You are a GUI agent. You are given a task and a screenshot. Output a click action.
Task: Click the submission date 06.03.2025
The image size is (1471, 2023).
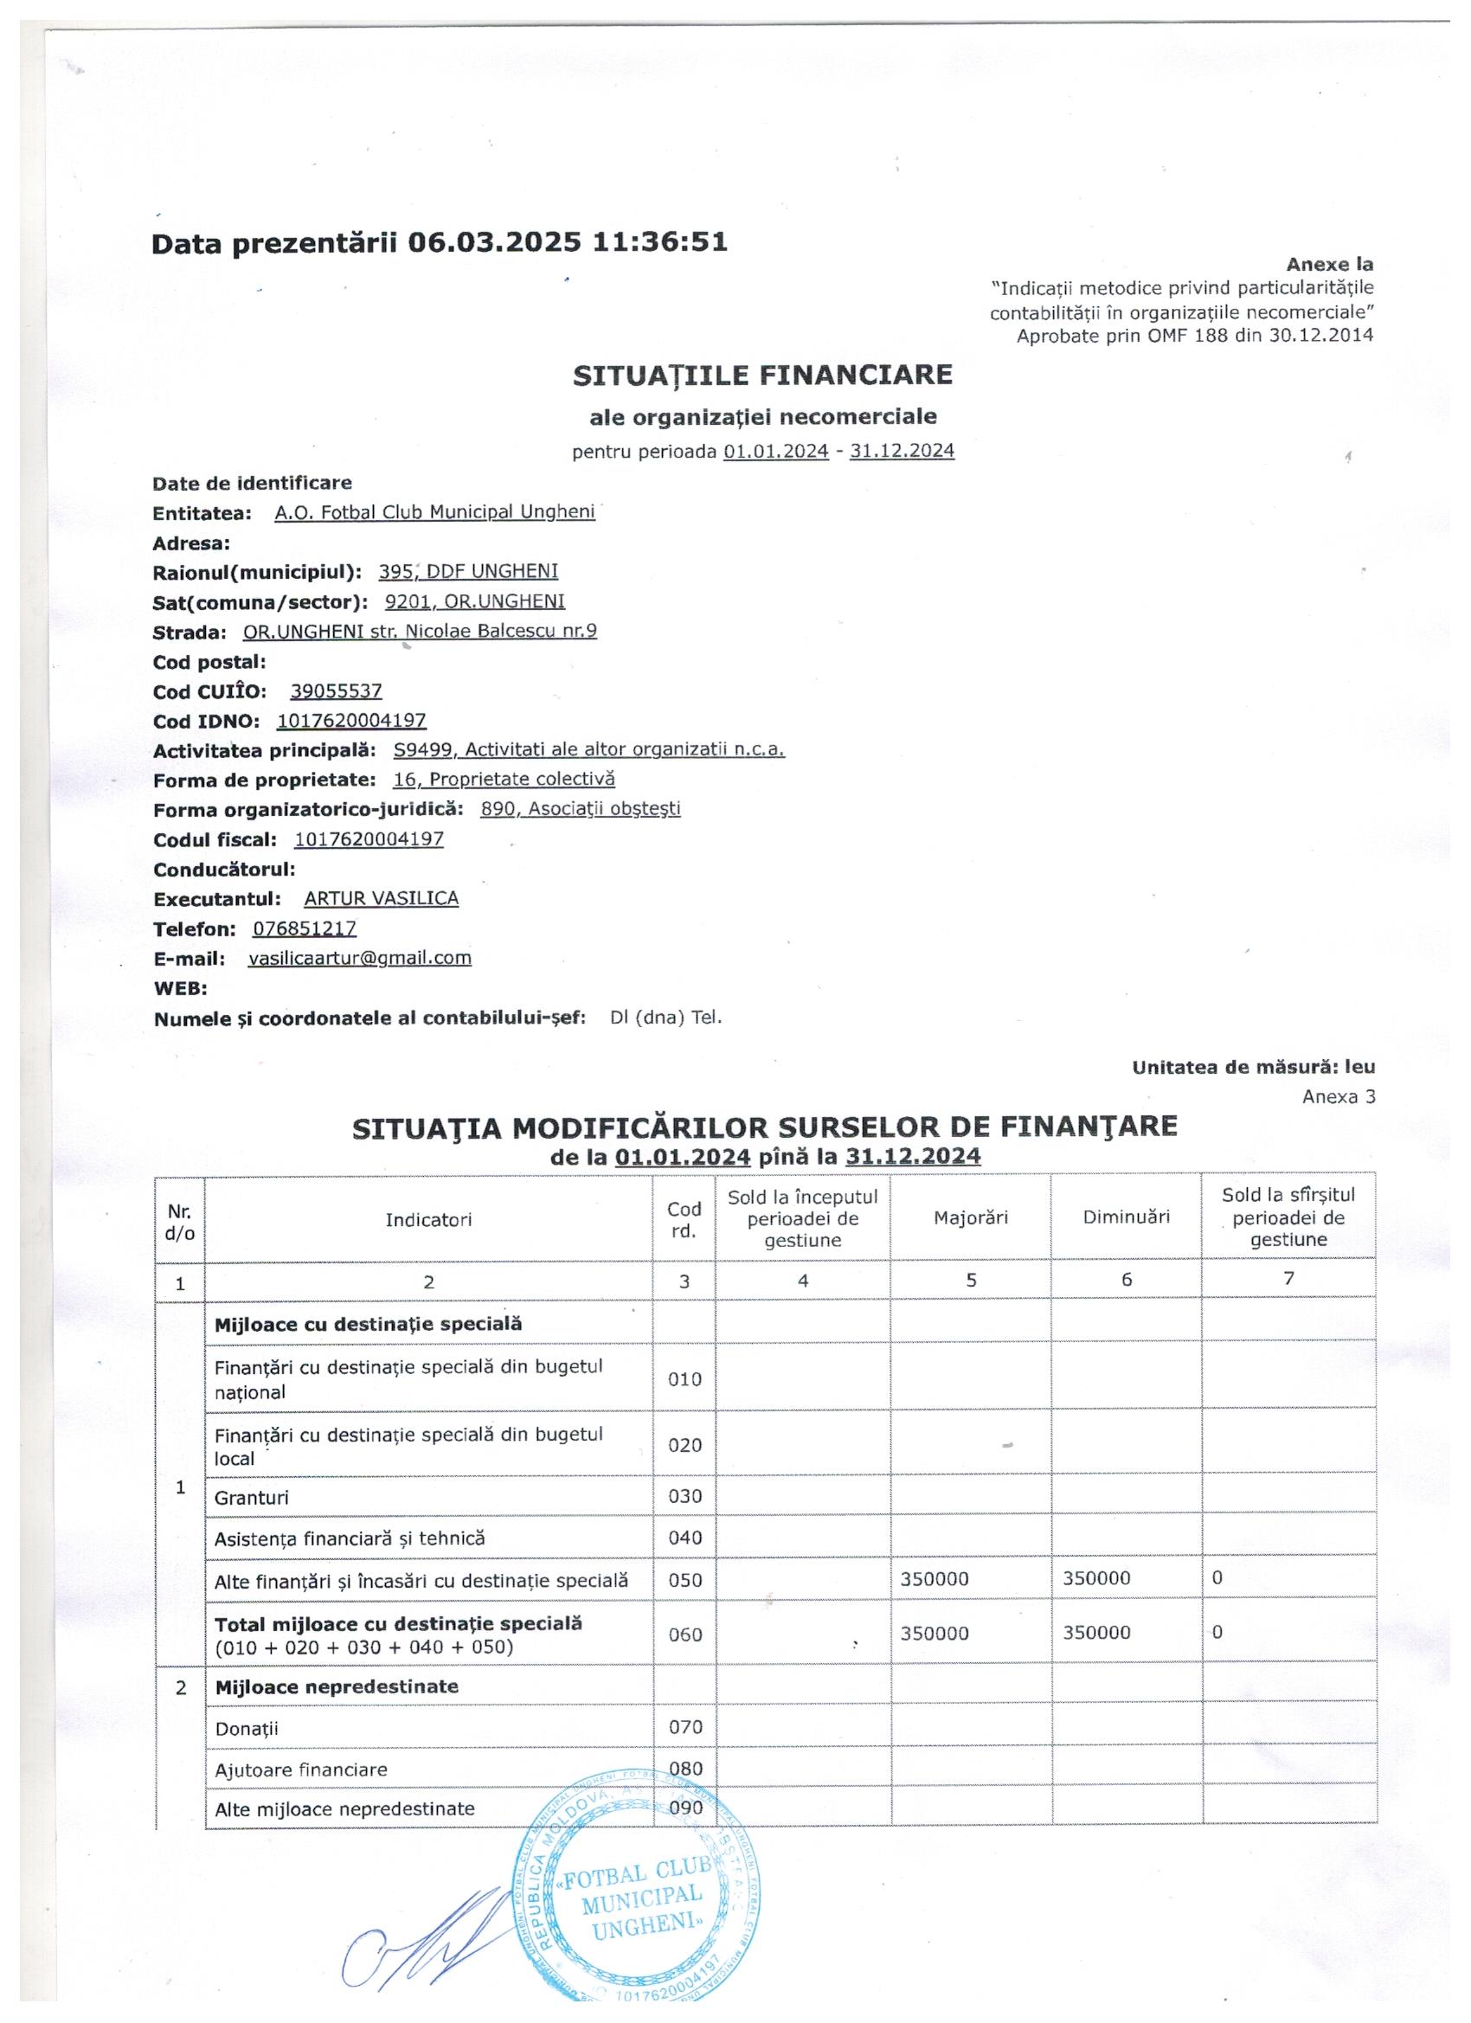(493, 242)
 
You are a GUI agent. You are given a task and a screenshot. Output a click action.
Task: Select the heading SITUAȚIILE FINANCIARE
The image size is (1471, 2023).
(762, 375)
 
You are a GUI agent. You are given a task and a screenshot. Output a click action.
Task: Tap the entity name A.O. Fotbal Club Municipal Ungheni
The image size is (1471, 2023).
(434, 513)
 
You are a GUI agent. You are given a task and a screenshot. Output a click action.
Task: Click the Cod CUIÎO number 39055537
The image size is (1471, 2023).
(337, 691)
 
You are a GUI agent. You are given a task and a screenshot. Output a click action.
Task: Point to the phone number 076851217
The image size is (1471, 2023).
(305, 928)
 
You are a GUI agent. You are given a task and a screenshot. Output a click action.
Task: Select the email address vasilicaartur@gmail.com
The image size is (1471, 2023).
(359, 958)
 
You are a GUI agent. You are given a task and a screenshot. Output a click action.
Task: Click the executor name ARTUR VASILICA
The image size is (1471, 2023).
(382, 898)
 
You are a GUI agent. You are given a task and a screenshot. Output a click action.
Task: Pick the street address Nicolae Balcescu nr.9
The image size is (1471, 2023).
(500, 632)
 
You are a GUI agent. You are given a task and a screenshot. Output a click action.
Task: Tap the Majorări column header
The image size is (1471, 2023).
(971, 1217)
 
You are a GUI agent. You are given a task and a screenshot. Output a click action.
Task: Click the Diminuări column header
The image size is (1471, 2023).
(1126, 1217)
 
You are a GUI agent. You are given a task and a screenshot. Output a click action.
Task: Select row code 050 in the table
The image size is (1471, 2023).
(684, 1581)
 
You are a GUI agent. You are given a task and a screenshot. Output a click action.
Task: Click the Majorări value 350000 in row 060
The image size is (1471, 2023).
(934, 1634)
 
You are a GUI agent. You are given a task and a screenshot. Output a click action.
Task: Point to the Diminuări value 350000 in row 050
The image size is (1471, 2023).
(1096, 1579)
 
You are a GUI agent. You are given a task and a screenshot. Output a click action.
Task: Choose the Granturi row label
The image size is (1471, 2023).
(252, 1498)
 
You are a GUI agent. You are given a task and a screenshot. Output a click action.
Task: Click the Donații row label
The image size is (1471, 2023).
(247, 1729)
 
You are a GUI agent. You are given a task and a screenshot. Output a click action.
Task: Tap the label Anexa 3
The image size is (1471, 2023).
(1338, 1097)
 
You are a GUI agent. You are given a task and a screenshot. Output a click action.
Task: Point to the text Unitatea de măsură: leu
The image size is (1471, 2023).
(1253, 1068)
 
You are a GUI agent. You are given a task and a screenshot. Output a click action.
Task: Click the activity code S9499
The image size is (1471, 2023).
(423, 750)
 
